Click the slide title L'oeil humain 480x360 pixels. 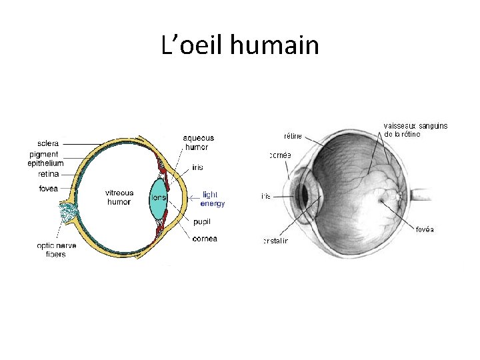(x=240, y=46)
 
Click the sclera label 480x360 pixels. (x=48, y=143)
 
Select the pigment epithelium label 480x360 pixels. (x=45, y=159)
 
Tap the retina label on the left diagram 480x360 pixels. (x=48, y=174)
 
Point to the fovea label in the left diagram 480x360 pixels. (x=48, y=189)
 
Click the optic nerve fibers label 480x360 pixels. (x=56, y=250)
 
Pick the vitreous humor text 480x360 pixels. (x=119, y=197)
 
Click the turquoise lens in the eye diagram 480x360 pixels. (x=158, y=198)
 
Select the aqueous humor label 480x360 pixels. (x=198, y=142)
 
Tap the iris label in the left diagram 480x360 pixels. (x=197, y=167)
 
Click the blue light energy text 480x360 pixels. (x=213, y=199)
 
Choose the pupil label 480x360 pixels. (x=201, y=222)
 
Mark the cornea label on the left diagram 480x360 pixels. (x=204, y=239)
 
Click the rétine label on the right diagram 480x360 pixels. (x=293, y=136)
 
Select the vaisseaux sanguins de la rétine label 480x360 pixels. (x=415, y=129)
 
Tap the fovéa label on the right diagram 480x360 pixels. (x=425, y=229)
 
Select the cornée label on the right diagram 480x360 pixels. (x=280, y=155)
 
